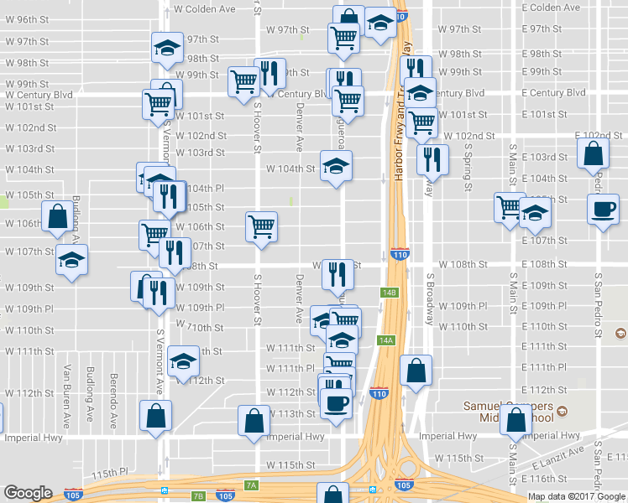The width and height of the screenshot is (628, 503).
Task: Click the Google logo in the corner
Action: (x=29, y=493)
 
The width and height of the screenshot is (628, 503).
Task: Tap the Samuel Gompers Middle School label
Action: (x=511, y=412)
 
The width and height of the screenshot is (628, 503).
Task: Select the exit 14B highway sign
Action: (x=387, y=293)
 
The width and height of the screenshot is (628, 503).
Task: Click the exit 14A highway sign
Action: (x=386, y=340)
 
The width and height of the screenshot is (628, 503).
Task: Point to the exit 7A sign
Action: (x=251, y=485)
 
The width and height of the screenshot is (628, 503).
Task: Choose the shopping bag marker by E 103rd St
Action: (x=593, y=154)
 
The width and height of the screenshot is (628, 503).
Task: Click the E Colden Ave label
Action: (x=550, y=8)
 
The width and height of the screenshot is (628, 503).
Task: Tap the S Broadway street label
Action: (x=430, y=298)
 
